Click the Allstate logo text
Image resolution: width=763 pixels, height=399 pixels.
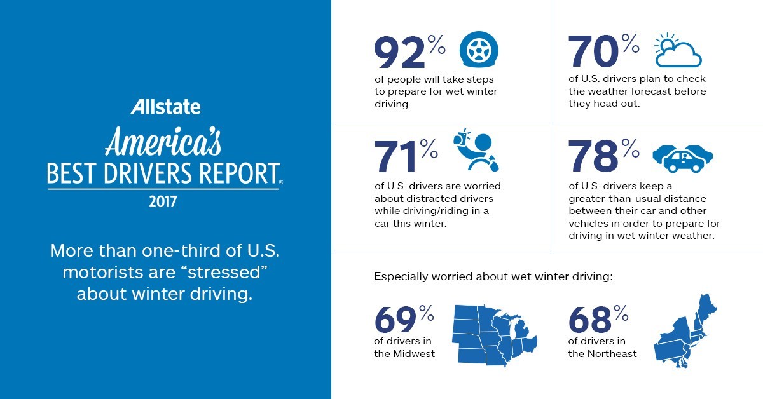pos(165,107)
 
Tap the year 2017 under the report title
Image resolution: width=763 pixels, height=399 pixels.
pos(165,203)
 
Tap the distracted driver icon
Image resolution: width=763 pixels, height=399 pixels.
pos(476,151)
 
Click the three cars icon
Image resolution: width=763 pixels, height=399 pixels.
pos(683,157)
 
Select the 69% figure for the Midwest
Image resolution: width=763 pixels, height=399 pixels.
pos(404,320)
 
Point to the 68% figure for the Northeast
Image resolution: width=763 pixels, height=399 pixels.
pos(598,320)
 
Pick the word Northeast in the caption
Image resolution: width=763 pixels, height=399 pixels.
pos(612,354)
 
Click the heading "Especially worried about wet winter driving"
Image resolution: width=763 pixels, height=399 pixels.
pos(493,277)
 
